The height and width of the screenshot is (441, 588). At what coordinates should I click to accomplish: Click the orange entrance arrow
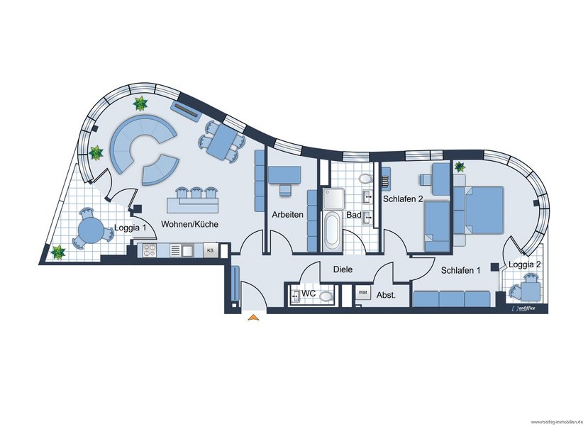click(x=254, y=318)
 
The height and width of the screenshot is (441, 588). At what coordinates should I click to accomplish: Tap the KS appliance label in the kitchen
click(x=210, y=250)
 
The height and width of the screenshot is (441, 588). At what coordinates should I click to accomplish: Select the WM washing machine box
click(x=362, y=293)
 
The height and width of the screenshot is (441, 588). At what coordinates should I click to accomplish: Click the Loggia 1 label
click(x=130, y=228)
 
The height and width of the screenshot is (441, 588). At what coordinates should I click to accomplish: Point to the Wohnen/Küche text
click(x=190, y=224)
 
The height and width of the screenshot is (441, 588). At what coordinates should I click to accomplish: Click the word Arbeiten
click(x=288, y=215)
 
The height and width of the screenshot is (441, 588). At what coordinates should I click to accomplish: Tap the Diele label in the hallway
click(x=343, y=269)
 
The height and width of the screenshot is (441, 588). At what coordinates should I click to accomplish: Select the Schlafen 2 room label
click(x=403, y=199)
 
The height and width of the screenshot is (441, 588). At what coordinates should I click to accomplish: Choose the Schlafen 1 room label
click(x=460, y=270)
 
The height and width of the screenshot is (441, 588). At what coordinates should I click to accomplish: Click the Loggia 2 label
click(x=525, y=264)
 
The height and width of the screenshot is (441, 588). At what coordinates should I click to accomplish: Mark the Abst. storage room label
click(x=387, y=295)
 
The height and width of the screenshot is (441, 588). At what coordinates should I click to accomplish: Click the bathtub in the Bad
click(x=332, y=231)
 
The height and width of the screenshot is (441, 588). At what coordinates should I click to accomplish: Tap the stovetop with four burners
click(x=149, y=250)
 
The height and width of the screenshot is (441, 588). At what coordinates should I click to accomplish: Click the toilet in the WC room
click(x=326, y=296)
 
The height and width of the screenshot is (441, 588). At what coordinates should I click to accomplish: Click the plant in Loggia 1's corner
click(x=58, y=252)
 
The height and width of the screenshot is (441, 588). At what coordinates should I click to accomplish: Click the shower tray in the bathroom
click(x=333, y=199)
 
